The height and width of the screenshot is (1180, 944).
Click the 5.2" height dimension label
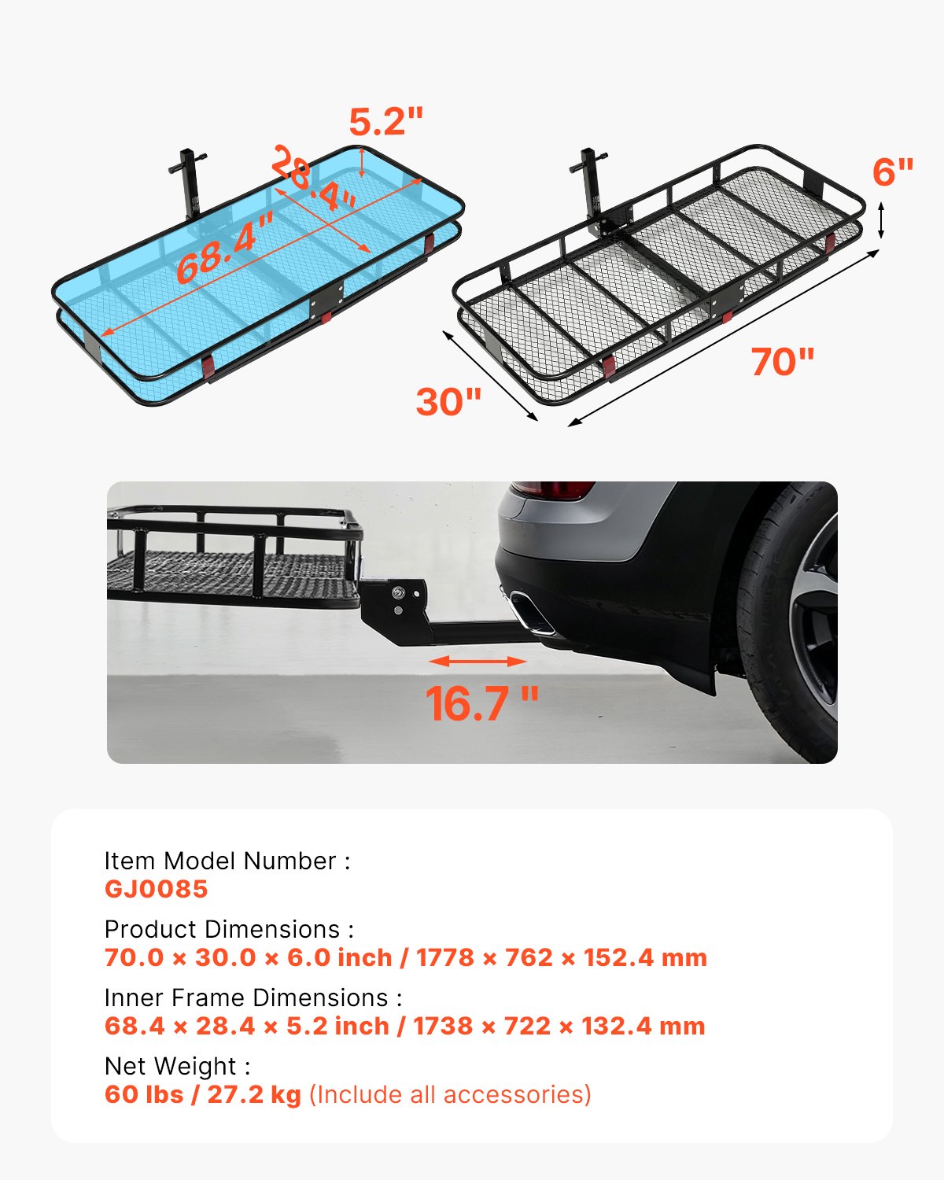point(385,122)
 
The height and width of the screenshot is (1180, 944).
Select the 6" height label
point(893,171)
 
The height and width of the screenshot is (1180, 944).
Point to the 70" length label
point(782,362)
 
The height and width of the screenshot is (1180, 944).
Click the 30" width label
point(448,402)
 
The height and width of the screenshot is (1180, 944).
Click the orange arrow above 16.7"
point(478,661)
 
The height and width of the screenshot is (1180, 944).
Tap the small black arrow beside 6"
point(881,220)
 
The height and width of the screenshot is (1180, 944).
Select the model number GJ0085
point(156,889)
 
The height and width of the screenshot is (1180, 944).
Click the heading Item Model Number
point(227,861)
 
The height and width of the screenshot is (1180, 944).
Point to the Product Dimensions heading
point(229,929)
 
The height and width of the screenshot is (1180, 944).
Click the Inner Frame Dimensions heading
point(253,997)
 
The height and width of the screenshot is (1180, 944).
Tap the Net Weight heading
point(177,1066)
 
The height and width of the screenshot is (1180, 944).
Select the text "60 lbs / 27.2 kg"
point(202,1094)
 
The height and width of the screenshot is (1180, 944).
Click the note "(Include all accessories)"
point(450,1094)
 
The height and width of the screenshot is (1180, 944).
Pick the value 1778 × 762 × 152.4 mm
point(562,957)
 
